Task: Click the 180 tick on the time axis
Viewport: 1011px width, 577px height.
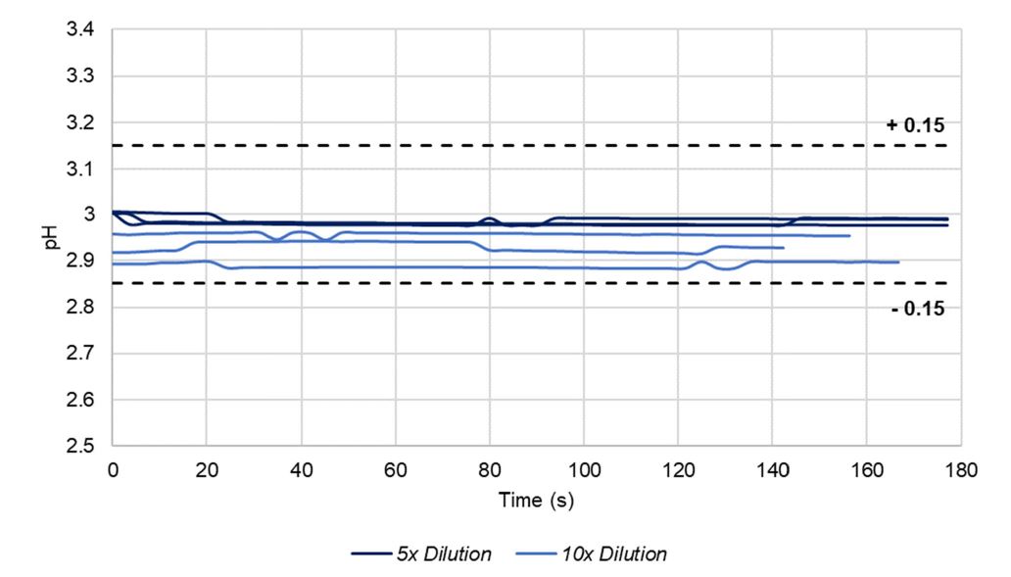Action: point(959,470)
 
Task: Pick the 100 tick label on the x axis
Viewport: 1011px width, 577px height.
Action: point(583,470)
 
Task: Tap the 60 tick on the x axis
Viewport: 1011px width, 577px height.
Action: point(395,470)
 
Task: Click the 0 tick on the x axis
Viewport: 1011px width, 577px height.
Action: point(113,470)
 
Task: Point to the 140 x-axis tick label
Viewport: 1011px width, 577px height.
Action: point(771,470)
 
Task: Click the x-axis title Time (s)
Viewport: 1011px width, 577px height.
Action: point(536,501)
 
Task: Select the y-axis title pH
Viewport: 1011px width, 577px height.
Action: point(55,239)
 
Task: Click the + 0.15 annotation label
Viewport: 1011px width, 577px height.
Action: point(915,125)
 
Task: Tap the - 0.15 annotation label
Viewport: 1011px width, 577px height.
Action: point(917,310)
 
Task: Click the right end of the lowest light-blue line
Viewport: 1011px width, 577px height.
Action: point(898,262)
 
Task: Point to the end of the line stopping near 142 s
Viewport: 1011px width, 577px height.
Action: point(784,248)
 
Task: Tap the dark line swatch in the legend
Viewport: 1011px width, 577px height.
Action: point(373,554)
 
